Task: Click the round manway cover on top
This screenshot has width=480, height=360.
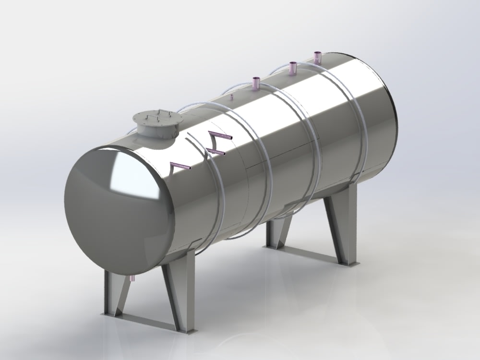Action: click(x=157, y=118)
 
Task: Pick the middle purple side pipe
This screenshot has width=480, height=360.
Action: click(x=216, y=151)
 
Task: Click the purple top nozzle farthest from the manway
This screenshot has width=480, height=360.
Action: click(x=317, y=57)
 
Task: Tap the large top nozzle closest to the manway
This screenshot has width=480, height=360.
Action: click(x=256, y=84)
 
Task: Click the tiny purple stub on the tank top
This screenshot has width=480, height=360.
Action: click(x=231, y=97)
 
